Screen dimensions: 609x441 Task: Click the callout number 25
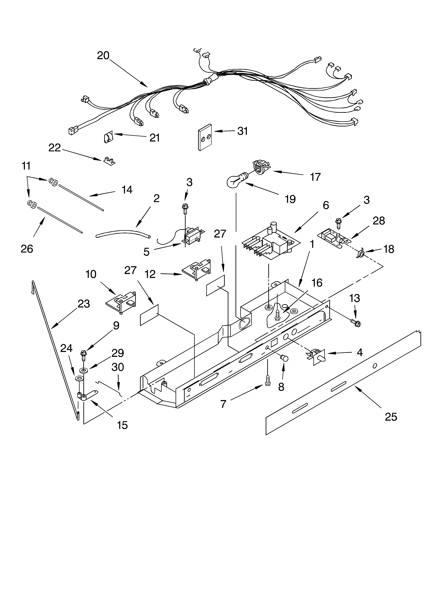coord(391,417)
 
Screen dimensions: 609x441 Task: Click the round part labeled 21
coord(108,138)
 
